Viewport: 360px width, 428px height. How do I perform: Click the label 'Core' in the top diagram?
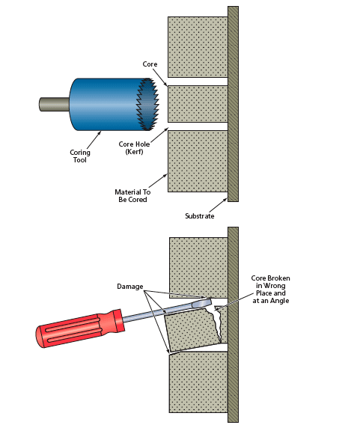tap(150, 65)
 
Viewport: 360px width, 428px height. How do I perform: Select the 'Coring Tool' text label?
tap(80, 156)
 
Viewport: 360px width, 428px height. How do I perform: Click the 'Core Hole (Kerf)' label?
tap(134, 147)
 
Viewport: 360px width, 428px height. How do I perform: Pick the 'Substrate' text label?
tap(201, 216)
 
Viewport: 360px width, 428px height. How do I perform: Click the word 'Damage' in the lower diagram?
tap(130, 287)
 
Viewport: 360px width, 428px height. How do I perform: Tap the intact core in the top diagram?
tap(197, 104)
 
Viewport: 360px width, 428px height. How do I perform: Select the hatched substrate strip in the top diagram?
tap(233, 104)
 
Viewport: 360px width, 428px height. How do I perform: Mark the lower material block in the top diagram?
tap(198, 161)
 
